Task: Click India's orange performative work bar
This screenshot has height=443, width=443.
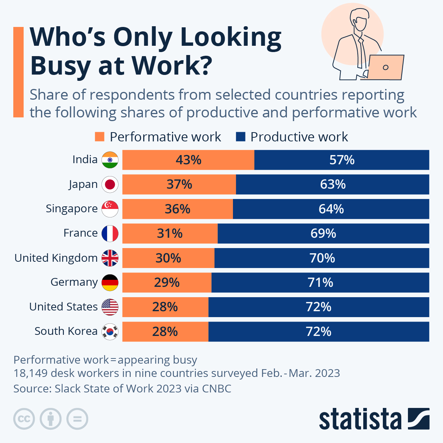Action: click(x=188, y=160)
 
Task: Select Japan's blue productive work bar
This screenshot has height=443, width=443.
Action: click(x=332, y=184)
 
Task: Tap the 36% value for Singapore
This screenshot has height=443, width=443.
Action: click(x=178, y=209)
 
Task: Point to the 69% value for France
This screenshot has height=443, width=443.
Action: click(x=323, y=233)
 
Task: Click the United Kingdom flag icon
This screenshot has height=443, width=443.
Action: click(x=110, y=258)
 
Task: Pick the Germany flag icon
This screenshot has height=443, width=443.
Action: click(x=110, y=282)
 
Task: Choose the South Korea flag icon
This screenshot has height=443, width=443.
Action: click(x=110, y=332)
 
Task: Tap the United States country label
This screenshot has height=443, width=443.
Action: click(x=63, y=307)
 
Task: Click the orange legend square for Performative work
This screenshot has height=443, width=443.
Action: click(x=100, y=137)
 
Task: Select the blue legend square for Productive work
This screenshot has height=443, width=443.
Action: click(x=240, y=137)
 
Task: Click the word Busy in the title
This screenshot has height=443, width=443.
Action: click(x=61, y=66)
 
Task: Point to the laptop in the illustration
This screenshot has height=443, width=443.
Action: click(x=385, y=67)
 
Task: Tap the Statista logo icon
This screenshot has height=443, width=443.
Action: click(x=419, y=419)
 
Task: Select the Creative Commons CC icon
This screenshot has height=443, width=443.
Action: click(x=24, y=419)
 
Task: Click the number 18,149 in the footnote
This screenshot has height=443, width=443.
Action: click(x=30, y=373)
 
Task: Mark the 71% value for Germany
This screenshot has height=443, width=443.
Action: click(x=320, y=282)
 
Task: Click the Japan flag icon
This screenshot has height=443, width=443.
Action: click(x=110, y=184)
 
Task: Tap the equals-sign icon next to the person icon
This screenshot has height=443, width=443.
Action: click(x=78, y=419)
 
